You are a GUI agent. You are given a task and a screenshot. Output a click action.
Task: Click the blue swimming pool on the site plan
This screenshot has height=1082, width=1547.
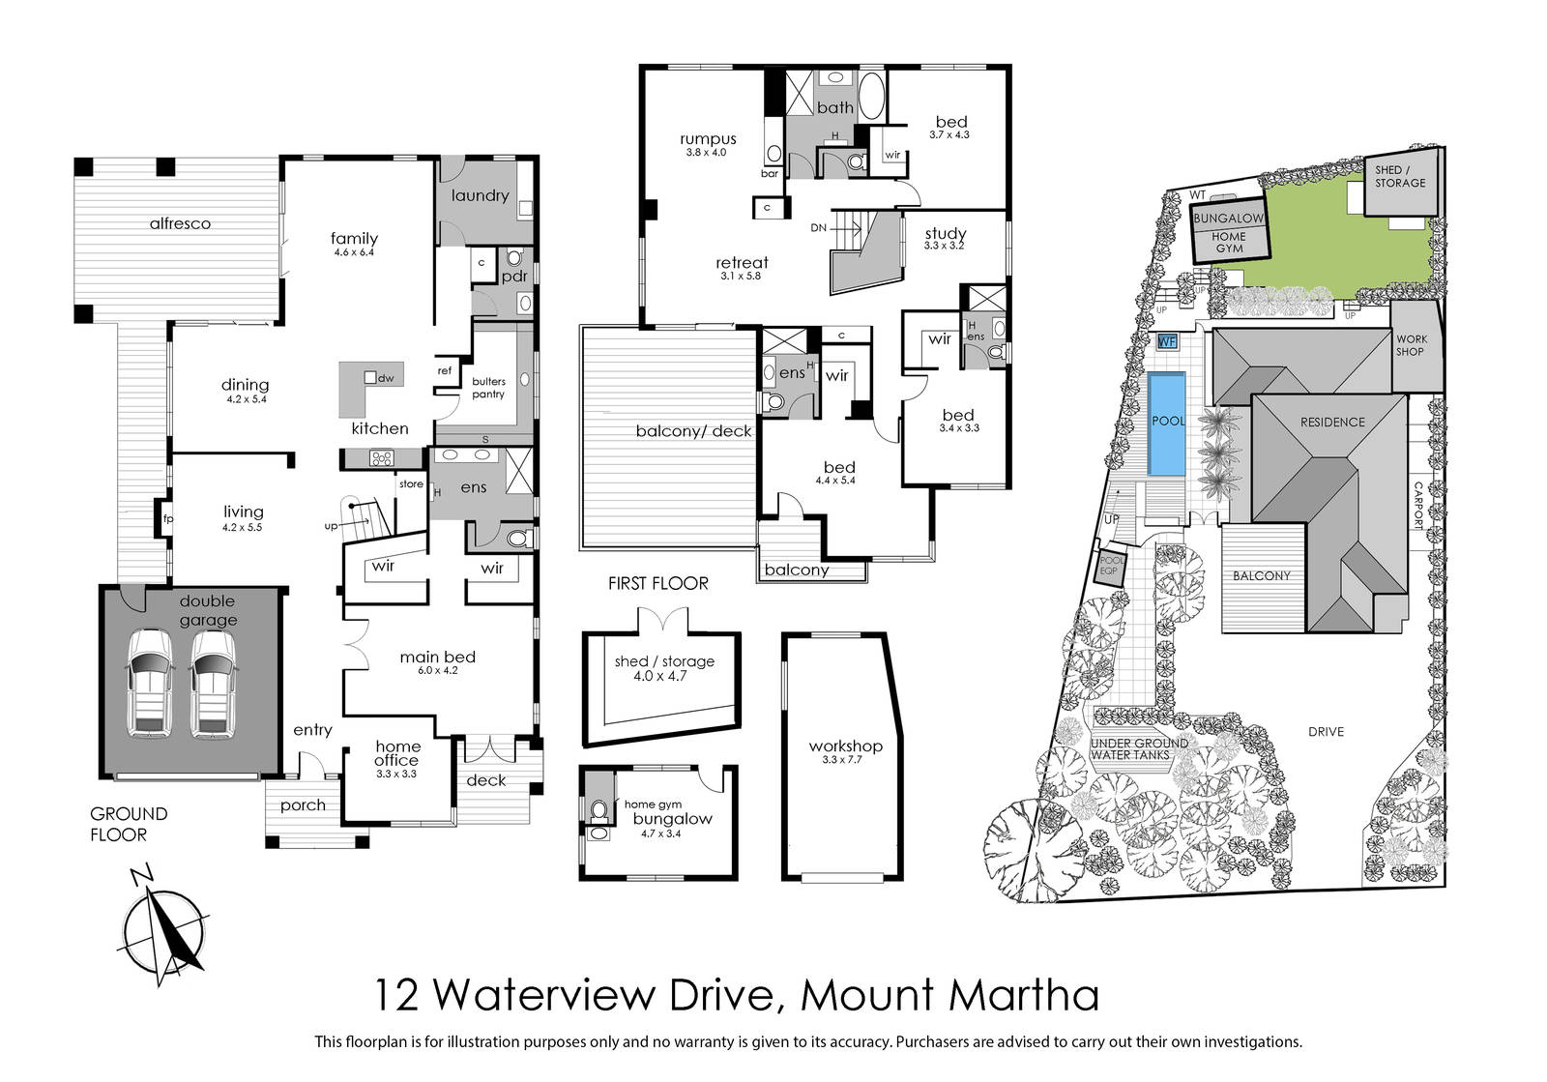1166,424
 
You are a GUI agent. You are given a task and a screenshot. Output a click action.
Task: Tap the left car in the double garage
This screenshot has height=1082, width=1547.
150,684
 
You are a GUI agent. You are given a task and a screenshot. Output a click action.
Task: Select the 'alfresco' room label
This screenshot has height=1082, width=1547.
180,223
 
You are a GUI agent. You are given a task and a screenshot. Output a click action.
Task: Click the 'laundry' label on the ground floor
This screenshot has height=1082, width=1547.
480,196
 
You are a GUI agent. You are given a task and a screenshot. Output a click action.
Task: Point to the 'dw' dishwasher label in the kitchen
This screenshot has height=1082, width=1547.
386,378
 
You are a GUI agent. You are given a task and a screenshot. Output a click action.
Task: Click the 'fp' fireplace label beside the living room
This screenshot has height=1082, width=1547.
168,518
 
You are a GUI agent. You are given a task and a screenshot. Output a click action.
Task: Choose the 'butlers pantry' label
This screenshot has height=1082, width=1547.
488,388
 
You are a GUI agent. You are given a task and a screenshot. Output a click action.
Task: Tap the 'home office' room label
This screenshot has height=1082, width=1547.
397,753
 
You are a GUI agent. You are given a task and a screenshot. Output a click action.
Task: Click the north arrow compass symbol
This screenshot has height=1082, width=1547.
163,926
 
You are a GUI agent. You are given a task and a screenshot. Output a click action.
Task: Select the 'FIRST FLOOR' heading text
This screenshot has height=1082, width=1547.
658,583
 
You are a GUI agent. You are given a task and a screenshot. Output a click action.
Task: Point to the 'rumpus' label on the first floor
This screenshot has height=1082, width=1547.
708,139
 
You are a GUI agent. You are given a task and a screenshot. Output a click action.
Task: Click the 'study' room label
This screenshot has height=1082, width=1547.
946,233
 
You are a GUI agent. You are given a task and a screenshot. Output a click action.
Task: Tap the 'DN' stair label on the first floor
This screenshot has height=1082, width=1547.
818,228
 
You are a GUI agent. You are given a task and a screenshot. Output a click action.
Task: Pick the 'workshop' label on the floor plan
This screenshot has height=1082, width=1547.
845,746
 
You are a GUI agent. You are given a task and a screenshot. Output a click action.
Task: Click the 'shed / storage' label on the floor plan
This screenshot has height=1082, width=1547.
664,661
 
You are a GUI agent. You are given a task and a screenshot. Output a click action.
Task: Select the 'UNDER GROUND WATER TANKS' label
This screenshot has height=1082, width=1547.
1140,749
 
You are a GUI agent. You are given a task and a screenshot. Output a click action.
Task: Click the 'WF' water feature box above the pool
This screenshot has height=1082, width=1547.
1166,341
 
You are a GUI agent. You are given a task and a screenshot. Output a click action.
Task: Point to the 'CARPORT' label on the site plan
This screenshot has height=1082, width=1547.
1418,506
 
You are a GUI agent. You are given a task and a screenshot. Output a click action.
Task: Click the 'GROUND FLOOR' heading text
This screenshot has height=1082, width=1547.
129,825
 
